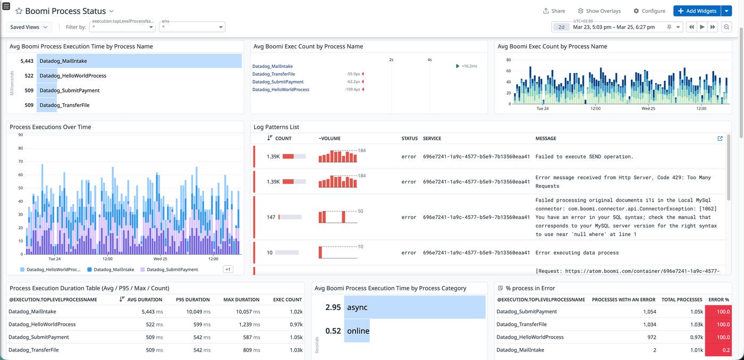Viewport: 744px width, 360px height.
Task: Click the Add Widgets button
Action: pos(697,11)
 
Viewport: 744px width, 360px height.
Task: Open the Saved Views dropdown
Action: pos(29,27)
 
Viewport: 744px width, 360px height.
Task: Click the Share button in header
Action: pos(554,11)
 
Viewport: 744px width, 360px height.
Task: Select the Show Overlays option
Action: pos(599,11)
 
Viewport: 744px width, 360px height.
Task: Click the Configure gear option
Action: pos(649,11)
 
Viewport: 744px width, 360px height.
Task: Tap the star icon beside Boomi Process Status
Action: pos(19,11)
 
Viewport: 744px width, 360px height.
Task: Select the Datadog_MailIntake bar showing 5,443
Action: pos(139,61)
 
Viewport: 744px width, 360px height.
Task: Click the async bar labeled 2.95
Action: pos(415,307)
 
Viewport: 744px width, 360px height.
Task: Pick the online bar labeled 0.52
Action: pos(357,331)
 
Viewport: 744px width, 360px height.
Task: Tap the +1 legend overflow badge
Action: pos(227,270)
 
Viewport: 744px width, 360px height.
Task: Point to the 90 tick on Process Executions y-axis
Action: pos(20,135)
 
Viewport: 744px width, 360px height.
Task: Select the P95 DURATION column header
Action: pos(192,299)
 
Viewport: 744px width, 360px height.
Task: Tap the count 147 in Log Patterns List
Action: pos(271,217)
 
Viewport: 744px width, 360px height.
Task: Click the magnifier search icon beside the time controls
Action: pos(726,27)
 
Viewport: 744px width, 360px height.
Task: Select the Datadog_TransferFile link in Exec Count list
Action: pos(273,74)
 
